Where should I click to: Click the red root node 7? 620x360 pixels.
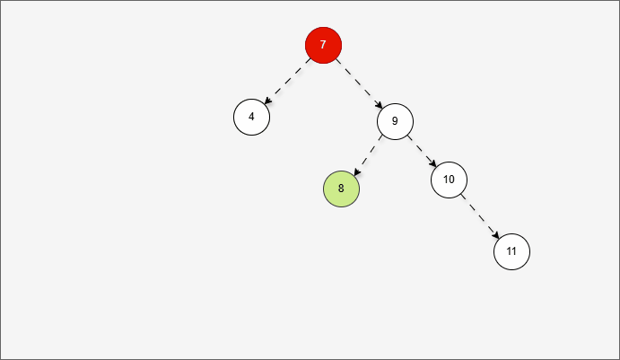pyautogui.click(x=323, y=45)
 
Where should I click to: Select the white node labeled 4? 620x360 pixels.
pyautogui.click(x=252, y=117)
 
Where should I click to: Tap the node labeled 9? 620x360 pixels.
pyautogui.click(x=396, y=121)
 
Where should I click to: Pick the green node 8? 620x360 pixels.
pyautogui.click(x=342, y=189)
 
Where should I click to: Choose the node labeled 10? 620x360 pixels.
pyautogui.click(x=450, y=180)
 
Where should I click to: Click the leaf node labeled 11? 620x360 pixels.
pyautogui.click(x=512, y=251)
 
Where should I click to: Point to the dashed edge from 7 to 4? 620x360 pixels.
pyautogui.click(x=287, y=81)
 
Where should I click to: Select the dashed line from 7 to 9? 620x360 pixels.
pyautogui.click(x=359, y=83)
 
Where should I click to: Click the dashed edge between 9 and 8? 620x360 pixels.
pyautogui.click(x=368, y=155)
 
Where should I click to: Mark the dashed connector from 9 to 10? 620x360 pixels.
pyautogui.click(x=422, y=151)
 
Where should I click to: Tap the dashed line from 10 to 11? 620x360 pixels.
pyautogui.click(x=480, y=216)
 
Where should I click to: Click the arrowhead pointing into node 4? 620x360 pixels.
pyautogui.click(x=266, y=101)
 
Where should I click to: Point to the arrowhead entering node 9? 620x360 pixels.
pyautogui.click(x=380, y=105)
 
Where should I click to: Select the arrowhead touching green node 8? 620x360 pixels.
pyautogui.click(x=356, y=172)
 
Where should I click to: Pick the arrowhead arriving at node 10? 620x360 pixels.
pyautogui.click(x=433, y=163)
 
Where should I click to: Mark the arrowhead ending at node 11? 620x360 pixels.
pyautogui.click(x=496, y=235)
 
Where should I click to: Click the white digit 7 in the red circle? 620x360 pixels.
pyautogui.click(x=323, y=45)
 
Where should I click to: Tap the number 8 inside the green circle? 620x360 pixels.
pyautogui.click(x=341, y=189)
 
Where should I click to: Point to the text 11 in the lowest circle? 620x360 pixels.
pyautogui.click(x=511, y=251)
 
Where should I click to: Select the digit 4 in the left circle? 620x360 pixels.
pyautogui.click(x=251, y=117)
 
